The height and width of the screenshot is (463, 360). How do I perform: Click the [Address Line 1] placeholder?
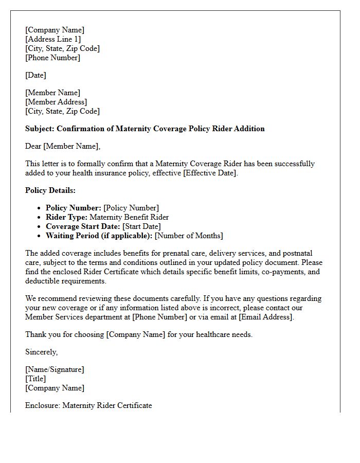pyautogui.click(x=53, y=39)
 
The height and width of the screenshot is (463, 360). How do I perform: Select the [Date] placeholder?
pyautogui.click(x=35, y=75)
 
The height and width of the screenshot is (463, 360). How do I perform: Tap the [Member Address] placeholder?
pyautogui.click(x=56, y=102)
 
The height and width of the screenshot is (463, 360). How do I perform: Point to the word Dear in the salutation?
pyautogui.click(x=33, y=146)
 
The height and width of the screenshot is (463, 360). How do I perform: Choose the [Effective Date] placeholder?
pyautogui.click(x=210, y=173)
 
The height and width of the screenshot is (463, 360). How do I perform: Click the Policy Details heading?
pyautogui.click(x=50, y=190)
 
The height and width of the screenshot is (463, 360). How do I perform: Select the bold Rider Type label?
pyautogui.click(x=66, y=217)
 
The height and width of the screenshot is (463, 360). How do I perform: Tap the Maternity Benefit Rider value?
pyautogui.click(x=129, y=217)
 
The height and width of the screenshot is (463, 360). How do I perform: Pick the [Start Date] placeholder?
pyautogui.click(x=141, y=226)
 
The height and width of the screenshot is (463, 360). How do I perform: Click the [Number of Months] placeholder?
pyautogui.click(x=189, y=236)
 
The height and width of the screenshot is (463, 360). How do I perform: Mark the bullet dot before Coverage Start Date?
pyautogui.click(x=39, y=226)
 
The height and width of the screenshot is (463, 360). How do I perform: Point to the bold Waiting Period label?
pyautogui.click(x=99, y=236)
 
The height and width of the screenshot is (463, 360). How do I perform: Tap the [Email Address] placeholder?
pyautogui.click(x=266, y=317)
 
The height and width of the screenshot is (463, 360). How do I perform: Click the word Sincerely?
pyautogui.click(x=41, y=352)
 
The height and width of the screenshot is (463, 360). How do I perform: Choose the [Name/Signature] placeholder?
pyautogui.click(x=55, y=369)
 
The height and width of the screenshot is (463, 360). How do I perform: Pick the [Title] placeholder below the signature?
pyautogui.click(x=35, y=379)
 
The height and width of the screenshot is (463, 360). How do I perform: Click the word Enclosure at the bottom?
pyautogui.click(x=43, y=405)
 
